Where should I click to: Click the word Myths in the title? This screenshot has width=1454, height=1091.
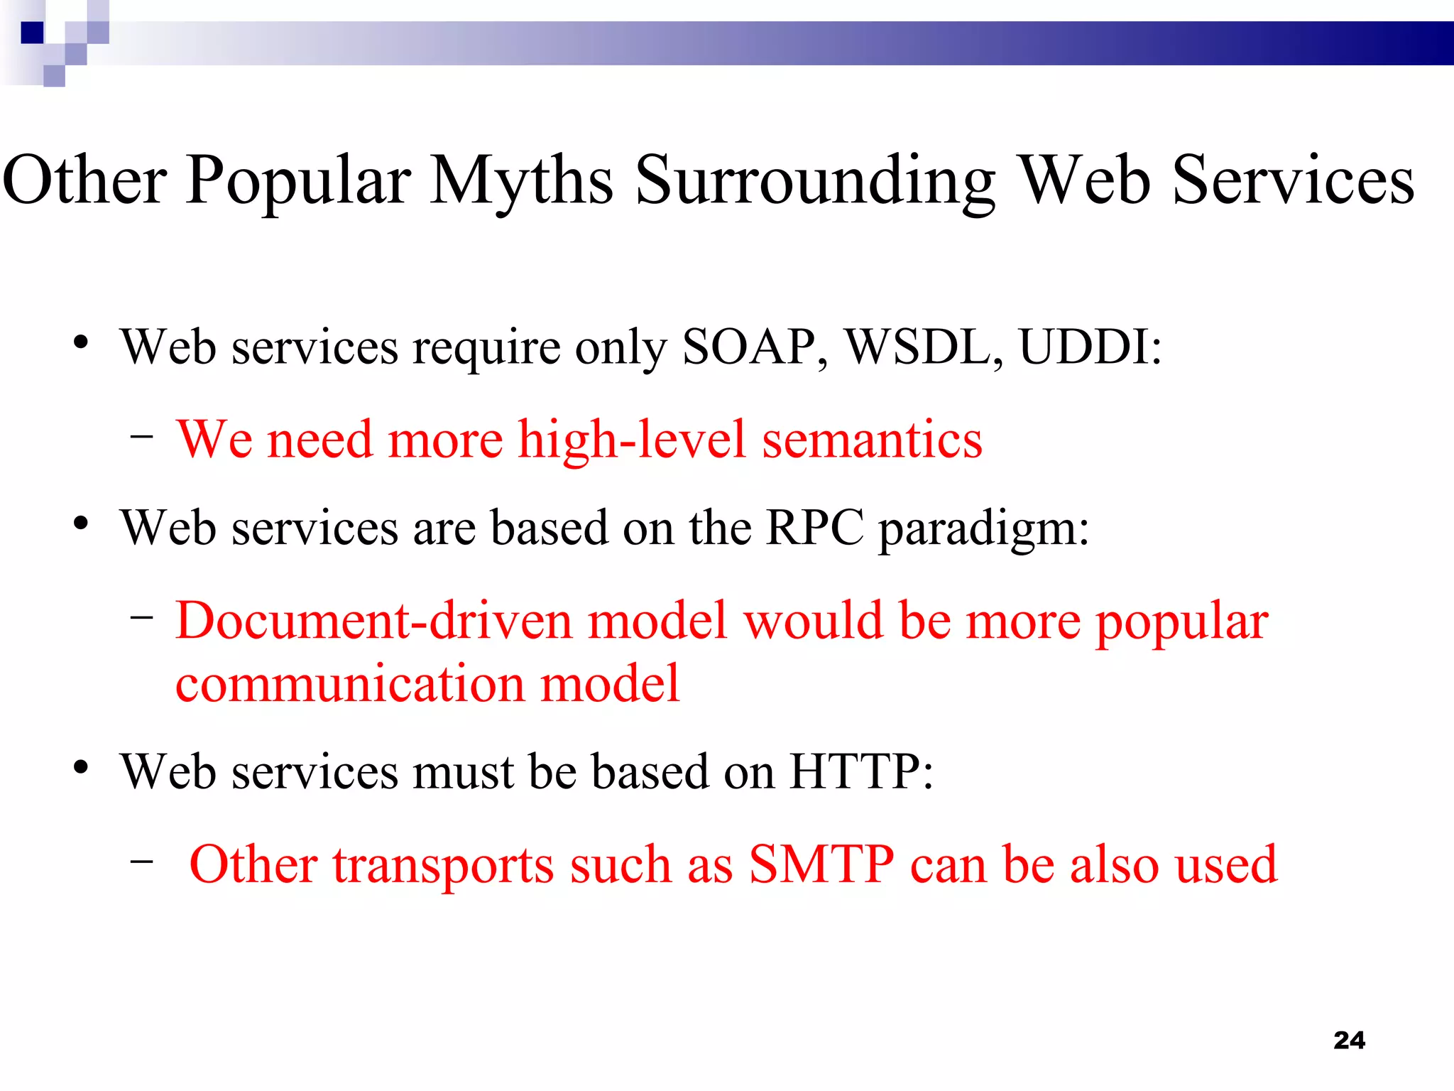(x=522, y=181)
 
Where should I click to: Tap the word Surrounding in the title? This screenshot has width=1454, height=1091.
(x=815, y=181)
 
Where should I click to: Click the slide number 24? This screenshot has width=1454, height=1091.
(x=1349, y=1041)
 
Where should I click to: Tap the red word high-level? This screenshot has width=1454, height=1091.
(x=632, y=440)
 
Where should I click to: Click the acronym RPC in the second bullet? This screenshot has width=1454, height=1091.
(x=815, y=528)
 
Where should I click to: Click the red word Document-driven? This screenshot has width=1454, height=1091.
(x=373, y=621)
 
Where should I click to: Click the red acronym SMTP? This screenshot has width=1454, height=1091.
(x=821, y=864)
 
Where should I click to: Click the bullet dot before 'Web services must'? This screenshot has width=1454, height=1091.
(x=81, y=768)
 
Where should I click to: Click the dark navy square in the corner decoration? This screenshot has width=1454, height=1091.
(x=33, y=33)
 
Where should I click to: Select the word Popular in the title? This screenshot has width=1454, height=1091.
(x=298, y=181)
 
